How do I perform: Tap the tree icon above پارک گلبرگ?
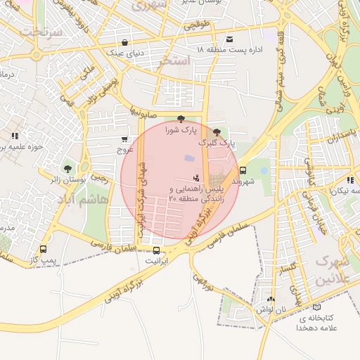tap(216, 131)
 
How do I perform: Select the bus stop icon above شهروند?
tap(243, 170)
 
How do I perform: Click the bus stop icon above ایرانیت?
tap(156, 250)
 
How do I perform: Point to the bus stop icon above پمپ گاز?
tap(44, 250)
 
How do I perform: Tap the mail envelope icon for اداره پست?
tap(230, 39)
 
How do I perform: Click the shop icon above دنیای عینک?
tap(125, 41)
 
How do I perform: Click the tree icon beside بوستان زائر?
tap(67, 169)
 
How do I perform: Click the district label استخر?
tap(175, 62)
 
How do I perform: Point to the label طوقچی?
tap(198, 25)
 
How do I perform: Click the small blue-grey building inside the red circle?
tap(189, 161)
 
